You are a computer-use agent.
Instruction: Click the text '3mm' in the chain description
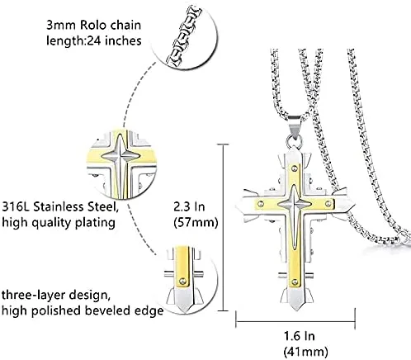tap(61, 26)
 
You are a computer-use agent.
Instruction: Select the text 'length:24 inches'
tap(93, 40)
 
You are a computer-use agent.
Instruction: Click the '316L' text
tap(16, 206)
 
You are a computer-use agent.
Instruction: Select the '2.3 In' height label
tap(190, 206)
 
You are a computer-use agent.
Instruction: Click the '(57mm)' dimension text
tap(196, 222)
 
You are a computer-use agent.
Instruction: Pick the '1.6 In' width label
tap(299, 336)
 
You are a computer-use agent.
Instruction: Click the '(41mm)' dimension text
tap(305, 352)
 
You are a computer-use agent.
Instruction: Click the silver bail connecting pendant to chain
tap(295, 126)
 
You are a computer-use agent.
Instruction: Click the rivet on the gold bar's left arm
tap(261, 204)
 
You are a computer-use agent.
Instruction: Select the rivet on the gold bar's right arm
tap(328, 204)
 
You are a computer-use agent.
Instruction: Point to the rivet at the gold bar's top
tap(295, 168)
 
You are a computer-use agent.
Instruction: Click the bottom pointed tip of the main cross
tap(295, 310)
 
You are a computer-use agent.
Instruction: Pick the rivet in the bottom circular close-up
tap(182, 281)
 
